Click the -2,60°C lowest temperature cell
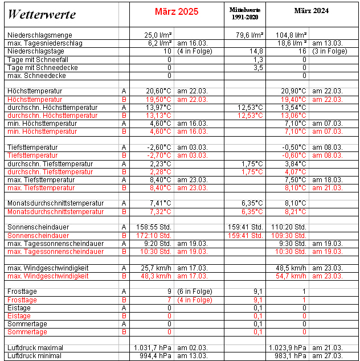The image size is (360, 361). [158, 147]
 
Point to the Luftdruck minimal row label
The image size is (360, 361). [35, 356]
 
